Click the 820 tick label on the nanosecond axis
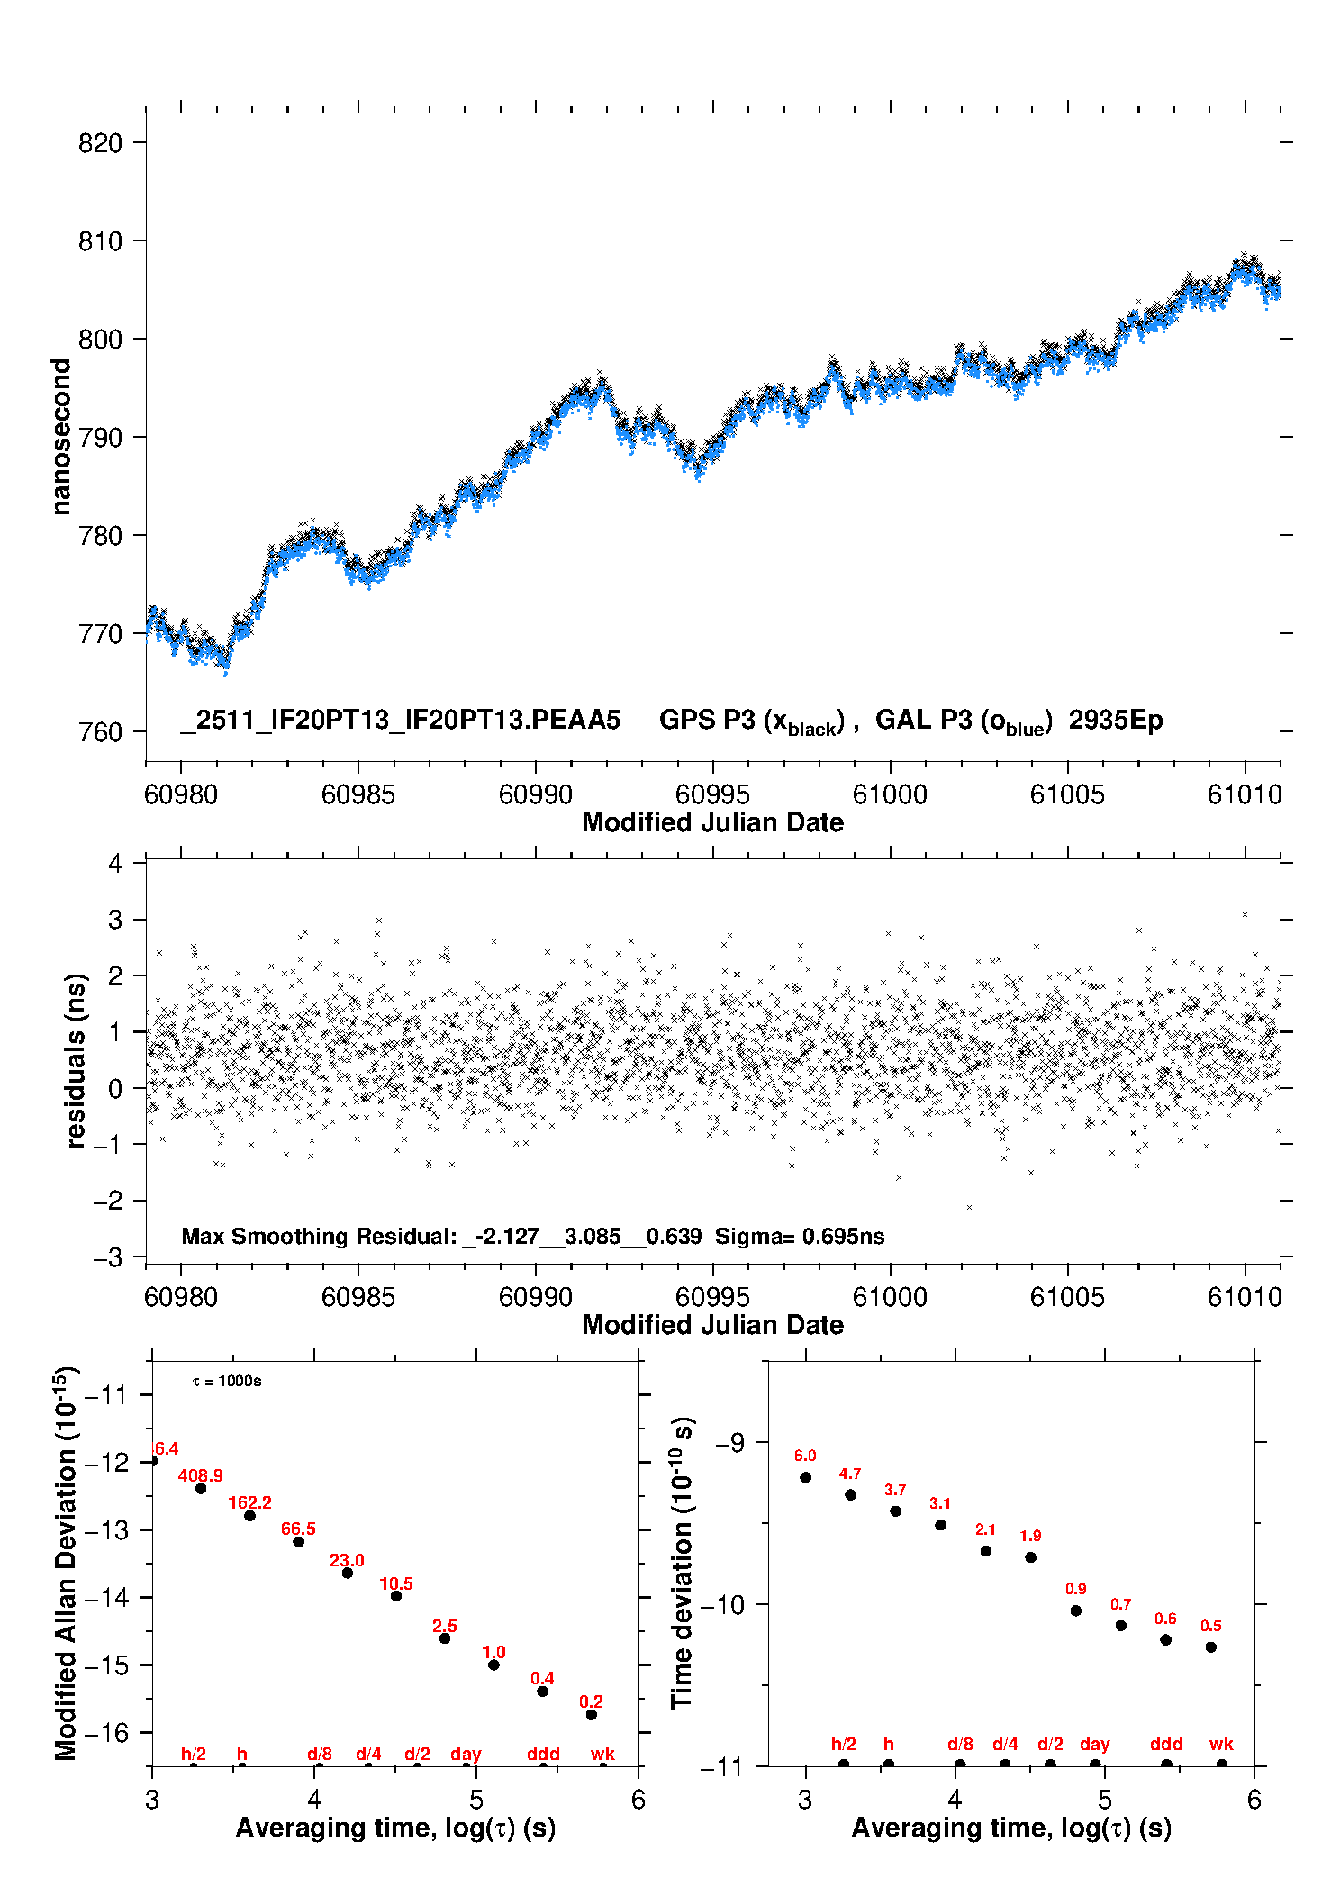pos(100,143)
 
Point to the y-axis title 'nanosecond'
pos(61,437)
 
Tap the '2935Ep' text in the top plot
pos(1116,721)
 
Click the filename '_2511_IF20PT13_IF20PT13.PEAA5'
pos(401,721)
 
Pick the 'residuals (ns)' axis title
pos(77,1060)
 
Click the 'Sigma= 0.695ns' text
pos(800,1237)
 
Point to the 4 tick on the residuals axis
pos(115,864)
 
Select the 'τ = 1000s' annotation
pos(227,1382)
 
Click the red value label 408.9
pos(200,1475)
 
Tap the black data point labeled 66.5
pos(299,1542)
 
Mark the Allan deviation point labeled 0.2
pos(592,1715)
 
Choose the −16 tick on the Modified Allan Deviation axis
pos(106,1732)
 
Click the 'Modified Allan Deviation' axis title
pos(66,1565)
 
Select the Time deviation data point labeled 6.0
pos(806,1477)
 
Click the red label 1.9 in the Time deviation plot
pos(1030,1536)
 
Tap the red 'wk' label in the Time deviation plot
pos(1221,1745)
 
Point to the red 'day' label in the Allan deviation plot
pos(466,1754)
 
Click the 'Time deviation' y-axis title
pos(682,1565)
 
